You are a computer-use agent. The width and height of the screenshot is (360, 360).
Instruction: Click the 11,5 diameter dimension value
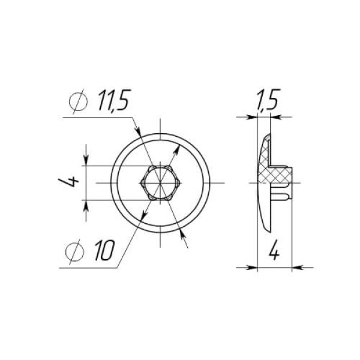[114, 100]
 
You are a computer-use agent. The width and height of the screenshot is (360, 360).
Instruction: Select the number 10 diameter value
[104, 250]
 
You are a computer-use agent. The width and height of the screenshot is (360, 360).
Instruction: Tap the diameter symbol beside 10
[74, 252]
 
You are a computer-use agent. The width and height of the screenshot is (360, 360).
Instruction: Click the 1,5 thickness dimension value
[268, 100]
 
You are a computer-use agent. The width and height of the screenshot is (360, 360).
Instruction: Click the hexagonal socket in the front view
[160, 183]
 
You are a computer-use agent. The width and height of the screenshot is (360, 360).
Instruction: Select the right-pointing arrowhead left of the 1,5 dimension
[251, 117]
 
